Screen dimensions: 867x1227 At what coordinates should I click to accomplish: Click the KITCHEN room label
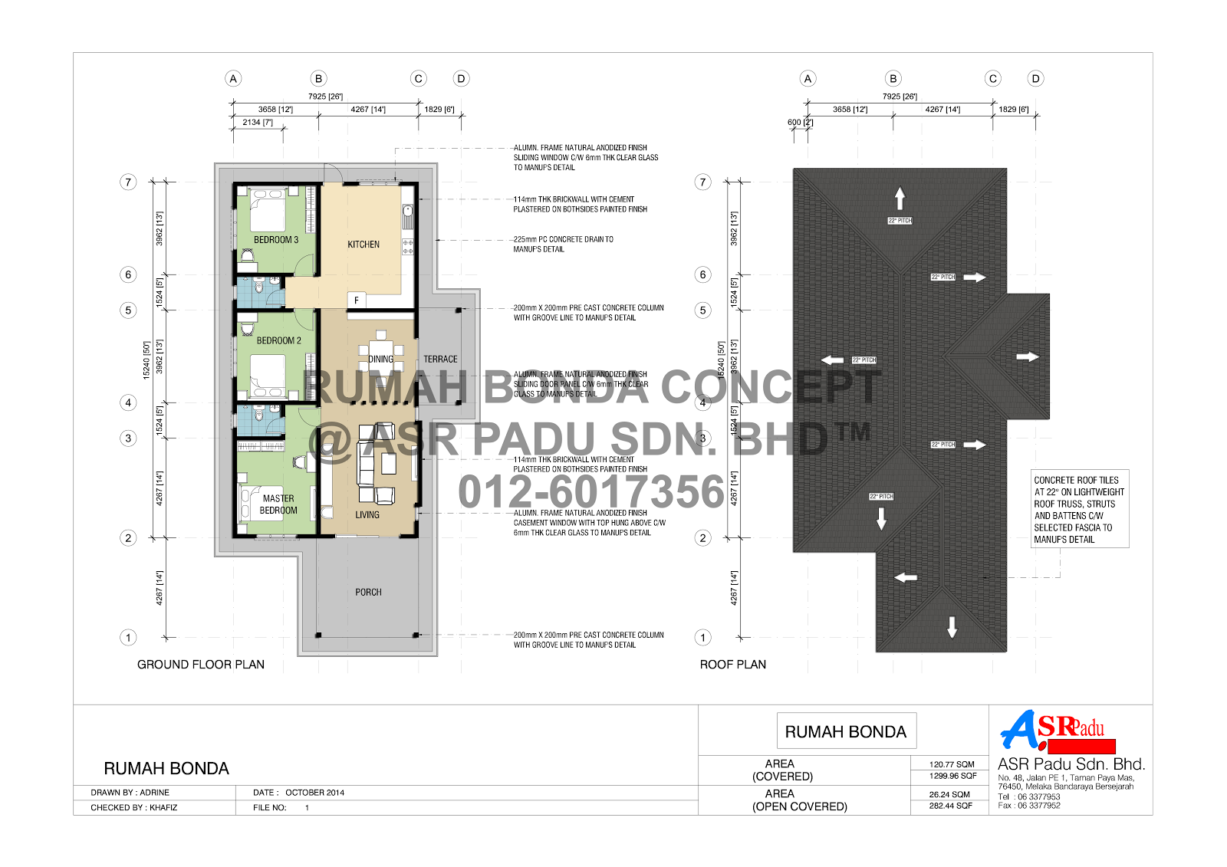click(363, 245)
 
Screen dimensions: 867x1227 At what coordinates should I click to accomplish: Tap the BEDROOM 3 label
click(276, 240)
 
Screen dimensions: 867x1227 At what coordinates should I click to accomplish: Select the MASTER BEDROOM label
click(278, 504)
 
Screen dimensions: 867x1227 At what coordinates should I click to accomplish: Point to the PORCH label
click(368, 593)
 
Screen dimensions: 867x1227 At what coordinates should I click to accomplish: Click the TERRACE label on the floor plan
click(440, 359)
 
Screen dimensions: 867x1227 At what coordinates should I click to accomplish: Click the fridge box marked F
click(357, 300)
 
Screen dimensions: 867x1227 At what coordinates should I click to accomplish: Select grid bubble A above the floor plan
click(233, 78)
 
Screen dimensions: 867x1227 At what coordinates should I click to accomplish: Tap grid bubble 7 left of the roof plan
click(702, 182)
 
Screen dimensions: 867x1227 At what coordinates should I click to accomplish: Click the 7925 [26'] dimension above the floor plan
click(325, 97)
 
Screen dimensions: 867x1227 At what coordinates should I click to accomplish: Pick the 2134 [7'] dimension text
click(258, 123)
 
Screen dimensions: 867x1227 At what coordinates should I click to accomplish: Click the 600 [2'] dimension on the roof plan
click(800, 123)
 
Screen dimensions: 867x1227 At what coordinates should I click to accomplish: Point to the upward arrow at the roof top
click(900, 199)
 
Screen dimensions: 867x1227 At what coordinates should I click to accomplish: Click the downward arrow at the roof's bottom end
click(952, 626)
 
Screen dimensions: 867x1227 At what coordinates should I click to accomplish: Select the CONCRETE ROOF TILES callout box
click(1079, 509)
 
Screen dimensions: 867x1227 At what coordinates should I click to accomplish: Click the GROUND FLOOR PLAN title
click(201, 665)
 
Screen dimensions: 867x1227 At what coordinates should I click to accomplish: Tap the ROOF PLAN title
click(732, 665)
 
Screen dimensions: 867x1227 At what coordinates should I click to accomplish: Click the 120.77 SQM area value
click(952, 764)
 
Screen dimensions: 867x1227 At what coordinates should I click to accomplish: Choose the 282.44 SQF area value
click(951, 806)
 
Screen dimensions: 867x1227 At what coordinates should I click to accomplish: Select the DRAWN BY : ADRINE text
click(130, 793)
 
